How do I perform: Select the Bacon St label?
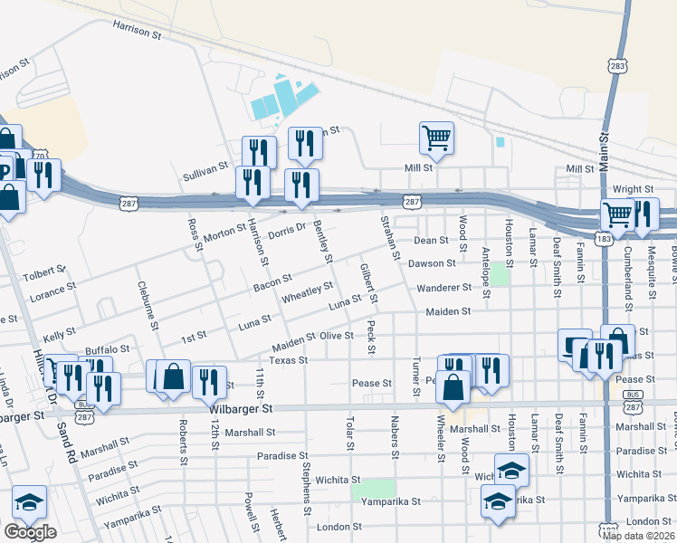pyautogui.click(x=272, y=283)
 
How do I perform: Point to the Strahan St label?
pyautogui.click(x=389, y=236)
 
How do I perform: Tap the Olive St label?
pyautogui.click(x=336, y=336)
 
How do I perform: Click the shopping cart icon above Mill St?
pyautogui.click(x=436, y=138)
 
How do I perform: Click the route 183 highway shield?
pyautogui.click(x=602, y=238)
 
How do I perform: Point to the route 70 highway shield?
pyautogui.click(x=39, y=156)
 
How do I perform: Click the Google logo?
pyautogui.click(x=30, y=532)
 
